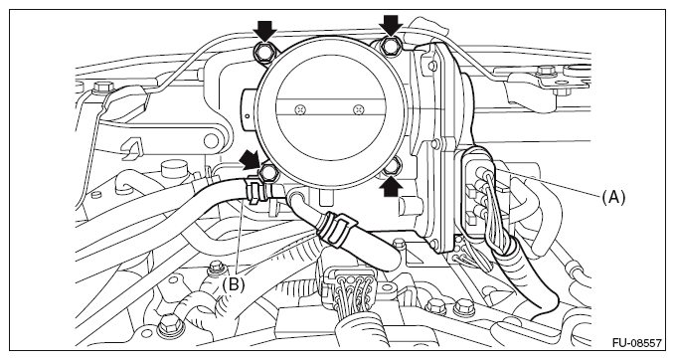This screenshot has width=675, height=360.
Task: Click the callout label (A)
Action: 613,197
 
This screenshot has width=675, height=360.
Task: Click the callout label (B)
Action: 233,284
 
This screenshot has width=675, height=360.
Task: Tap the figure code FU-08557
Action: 637,343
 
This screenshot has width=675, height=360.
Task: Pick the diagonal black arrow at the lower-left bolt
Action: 252,159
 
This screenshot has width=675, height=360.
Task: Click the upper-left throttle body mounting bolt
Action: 263,53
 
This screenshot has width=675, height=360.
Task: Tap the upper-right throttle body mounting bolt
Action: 391,46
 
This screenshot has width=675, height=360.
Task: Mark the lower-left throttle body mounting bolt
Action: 267,173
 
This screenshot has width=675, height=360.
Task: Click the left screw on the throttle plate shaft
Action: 300,109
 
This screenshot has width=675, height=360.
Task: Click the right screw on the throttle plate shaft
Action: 357,109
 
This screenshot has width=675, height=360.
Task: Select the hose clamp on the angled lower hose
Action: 337,228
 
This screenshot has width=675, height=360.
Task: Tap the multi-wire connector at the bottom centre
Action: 349,285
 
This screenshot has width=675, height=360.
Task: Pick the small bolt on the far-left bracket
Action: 102,87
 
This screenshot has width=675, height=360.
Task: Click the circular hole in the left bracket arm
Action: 212,140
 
